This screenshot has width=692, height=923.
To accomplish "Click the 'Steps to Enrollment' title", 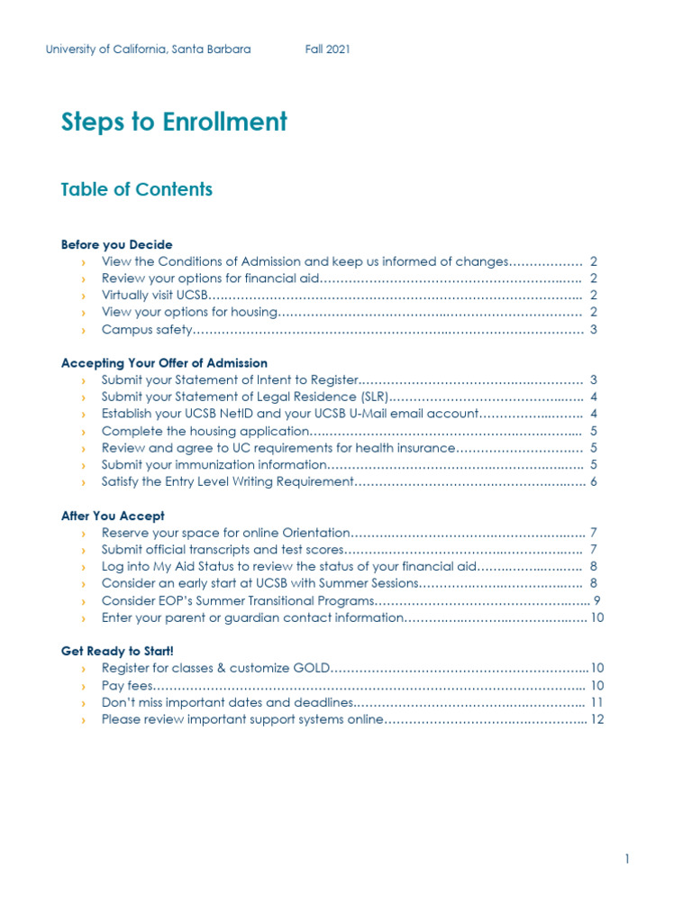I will [174, 122].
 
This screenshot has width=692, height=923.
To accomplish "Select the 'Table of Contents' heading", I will [136, 189].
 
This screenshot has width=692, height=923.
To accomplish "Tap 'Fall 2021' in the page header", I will [328, 50].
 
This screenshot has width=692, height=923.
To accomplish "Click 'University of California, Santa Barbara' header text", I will [148, 50].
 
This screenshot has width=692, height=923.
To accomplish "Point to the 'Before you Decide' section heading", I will [116, 244].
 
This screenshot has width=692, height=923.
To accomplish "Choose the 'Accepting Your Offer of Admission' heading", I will [164, 363].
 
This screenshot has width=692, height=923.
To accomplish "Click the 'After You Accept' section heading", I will [113, 516].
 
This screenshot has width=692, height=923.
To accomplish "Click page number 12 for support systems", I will [596, 719].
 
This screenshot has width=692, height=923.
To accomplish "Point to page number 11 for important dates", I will [596, 702].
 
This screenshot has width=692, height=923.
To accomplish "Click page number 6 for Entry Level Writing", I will [595, 482].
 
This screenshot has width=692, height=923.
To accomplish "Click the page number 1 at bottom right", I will [627, 860].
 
